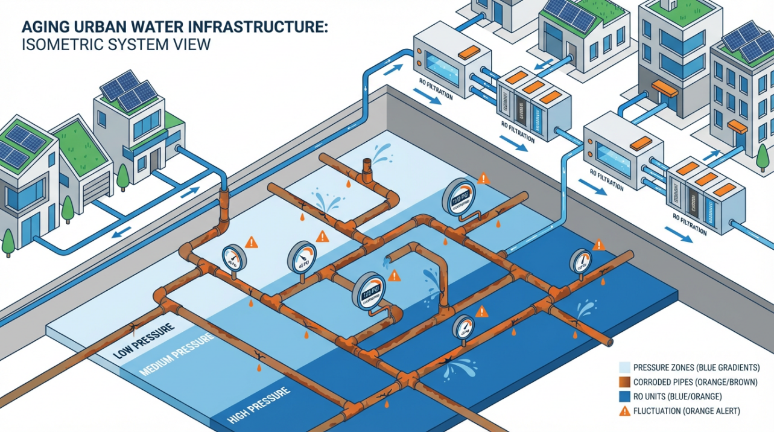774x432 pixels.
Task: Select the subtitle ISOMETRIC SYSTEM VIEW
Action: coord(115,45)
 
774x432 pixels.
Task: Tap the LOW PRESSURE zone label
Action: coord(144,339)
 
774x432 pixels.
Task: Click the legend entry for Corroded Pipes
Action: coord(688,382)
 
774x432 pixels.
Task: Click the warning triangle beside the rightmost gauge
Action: coord(598,245)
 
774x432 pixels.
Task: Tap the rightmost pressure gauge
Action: coord(580,261)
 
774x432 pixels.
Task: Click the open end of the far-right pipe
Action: coord(610,342)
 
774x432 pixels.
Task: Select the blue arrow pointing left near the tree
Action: coord(123,232)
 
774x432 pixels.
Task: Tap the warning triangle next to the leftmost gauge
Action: coord(252,243)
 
